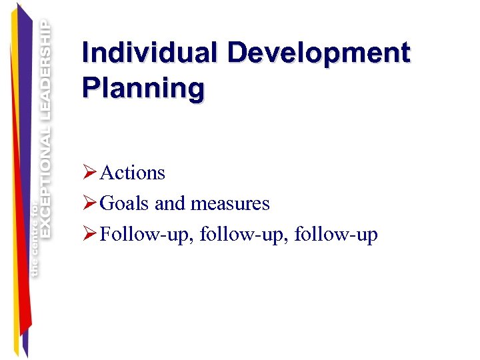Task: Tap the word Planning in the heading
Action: tap(143, 88)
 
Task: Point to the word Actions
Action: tap(132, 173)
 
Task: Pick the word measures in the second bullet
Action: tap(230, 203)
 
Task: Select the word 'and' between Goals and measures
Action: tap(171, 203)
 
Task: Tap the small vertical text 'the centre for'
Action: tap(34, 237)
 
